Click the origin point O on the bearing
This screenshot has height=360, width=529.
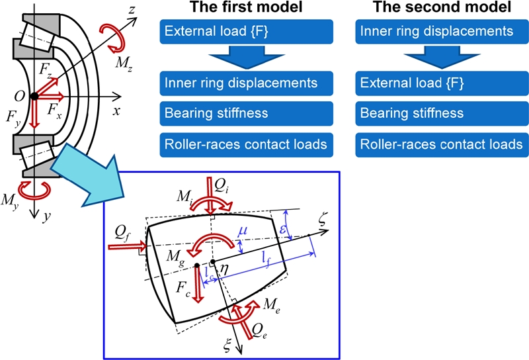coord(20,97)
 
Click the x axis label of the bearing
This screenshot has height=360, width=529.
coord(116,111)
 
